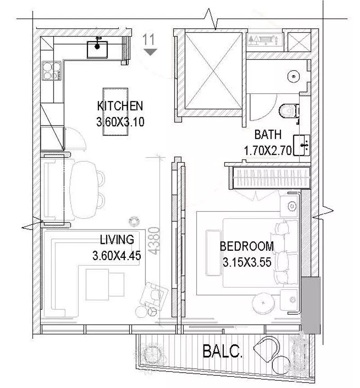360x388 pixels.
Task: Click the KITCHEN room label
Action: point(120,106)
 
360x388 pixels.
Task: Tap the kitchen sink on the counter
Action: point(98,50)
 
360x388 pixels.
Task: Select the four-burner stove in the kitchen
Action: point(52,71)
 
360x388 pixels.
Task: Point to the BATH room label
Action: point(268,135)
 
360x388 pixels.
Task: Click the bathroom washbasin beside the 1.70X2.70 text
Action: point(301,145)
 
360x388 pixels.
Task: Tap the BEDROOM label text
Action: point(247,247)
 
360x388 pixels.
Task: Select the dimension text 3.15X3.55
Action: point(247,262)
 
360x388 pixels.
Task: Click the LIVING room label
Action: point(117,240)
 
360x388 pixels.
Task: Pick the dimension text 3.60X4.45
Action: point(117,256)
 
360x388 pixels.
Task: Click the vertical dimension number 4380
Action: point(155,241)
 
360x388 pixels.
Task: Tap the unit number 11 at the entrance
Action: point(148,40)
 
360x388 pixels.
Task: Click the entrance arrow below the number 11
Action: point(150,52)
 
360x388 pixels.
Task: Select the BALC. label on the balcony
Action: point(222,352)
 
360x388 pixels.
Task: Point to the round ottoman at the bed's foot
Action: point(263,303)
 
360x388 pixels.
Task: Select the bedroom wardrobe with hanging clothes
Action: point(271,178)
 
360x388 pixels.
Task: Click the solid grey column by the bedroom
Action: point(310,305)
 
